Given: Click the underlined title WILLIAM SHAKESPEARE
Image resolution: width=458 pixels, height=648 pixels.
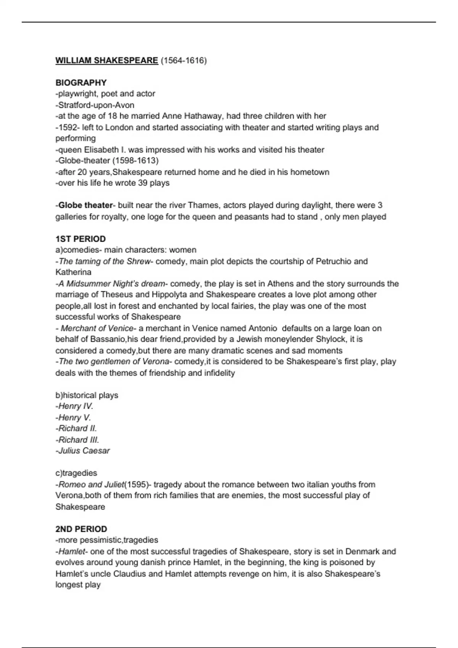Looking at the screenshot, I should click(106, 61).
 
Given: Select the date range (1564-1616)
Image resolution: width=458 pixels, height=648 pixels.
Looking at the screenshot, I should click(184, 61).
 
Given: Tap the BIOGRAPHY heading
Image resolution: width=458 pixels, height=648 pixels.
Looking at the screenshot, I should click(81, 83).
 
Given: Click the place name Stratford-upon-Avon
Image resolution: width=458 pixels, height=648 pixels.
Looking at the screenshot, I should click(96, 105).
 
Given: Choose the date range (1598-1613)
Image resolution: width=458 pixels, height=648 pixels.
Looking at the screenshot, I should click(135, 160).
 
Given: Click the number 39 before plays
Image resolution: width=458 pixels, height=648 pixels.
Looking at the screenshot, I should click(144, 183).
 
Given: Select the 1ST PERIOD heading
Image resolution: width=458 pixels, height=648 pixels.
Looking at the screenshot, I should click(81, 239).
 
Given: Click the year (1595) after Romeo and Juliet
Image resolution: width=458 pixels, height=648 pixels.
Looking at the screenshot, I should click(136, 484).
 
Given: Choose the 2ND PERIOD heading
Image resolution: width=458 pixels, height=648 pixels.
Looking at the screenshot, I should click(81, 529).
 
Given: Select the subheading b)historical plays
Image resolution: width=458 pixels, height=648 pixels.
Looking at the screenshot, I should click(87, 395).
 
